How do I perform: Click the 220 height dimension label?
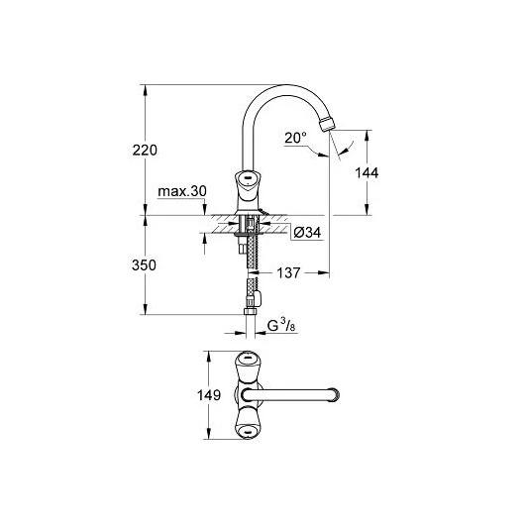pyautogui.click(x=145, y=150)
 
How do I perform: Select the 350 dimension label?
pyautogui.click(x=144, y=265)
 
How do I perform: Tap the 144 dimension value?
pyautogui.click(x=367, y=172)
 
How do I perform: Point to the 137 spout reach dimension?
pyautogui.click(x=288, y=272)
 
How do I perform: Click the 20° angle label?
pyautogui.click(x=295, y=138)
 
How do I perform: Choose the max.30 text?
pyautogui.click(x=182, y=191)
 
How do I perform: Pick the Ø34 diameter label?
pyautogui.click(x=307, y=233)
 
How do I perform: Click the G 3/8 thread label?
pyautogui.click(x=281, y=326)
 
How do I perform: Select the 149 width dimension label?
pyautogui.click(x=209, y=395)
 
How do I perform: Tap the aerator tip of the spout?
pyautogui.click(x=327, y=124)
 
